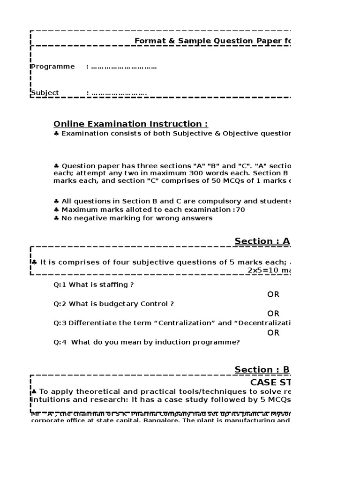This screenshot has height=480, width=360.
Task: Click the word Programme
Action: [x=53, y=67]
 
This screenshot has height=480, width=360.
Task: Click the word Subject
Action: [x=45, y=93]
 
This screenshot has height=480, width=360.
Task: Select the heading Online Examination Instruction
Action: [x=130, y=124]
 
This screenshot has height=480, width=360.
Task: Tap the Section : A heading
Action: [x=262, y=241]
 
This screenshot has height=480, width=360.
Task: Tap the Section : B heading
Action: [x=262, y=369]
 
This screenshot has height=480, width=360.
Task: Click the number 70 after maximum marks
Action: [x=240, y=210]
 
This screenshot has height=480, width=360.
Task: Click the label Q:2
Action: [x=60, y=304]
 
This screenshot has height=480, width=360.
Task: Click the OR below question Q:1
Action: [x=273, y=294]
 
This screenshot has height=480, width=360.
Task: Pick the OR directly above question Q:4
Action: [x=273, y=333]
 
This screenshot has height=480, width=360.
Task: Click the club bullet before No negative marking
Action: [x=56, y=218]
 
